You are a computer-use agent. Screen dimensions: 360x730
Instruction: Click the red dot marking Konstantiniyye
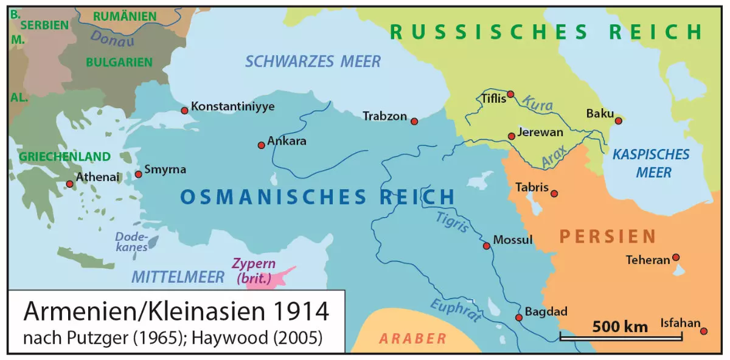point(184,111)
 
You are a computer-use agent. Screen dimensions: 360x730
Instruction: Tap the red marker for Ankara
point(261,145)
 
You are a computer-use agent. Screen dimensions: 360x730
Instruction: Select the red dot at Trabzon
point(414,122)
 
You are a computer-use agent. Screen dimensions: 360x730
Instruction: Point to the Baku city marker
point(618,120)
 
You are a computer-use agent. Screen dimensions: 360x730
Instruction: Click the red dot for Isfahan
point(704,331)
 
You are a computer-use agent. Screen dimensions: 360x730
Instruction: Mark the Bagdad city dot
point(519,317)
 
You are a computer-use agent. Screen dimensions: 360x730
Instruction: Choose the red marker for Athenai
point(69,184)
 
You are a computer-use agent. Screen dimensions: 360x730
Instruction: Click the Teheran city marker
point(675,257)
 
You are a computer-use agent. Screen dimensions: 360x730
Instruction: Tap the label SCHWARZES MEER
point(313,61)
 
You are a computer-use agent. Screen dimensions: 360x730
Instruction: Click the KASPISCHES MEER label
point(651,163)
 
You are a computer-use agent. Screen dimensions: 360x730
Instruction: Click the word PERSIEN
point(608,236)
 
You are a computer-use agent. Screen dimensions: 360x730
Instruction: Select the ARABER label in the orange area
point(412,339)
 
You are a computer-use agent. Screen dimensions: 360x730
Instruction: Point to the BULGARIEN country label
point(119,62)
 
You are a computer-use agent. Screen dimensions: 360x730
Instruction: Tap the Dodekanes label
point(131,243)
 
